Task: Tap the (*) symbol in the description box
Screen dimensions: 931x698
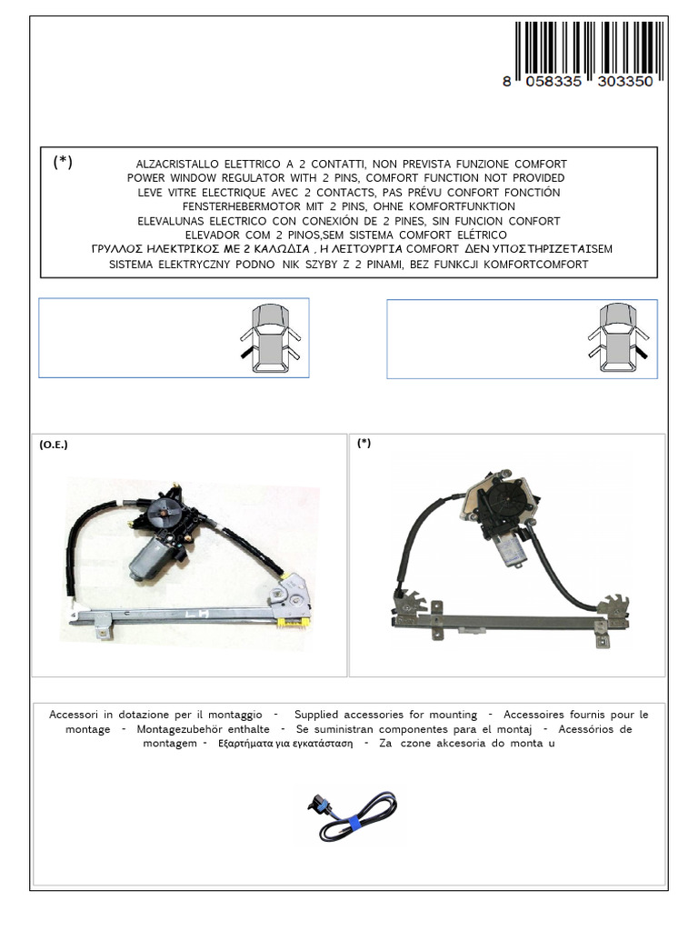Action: tap(63, 162)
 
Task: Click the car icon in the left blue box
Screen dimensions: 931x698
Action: tap(270, 338)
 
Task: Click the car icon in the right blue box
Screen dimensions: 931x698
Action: tap(617, 338)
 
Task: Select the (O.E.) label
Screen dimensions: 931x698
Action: tap(54, 445)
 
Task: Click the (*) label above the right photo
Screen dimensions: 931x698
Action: tap(364, 444)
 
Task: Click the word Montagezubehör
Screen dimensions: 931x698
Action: tap(188, 729)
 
